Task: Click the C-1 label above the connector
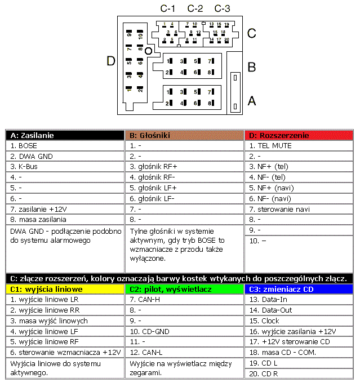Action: tap(168, 8)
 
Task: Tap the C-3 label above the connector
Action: tap(223, 8)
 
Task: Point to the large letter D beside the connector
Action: tap(111, 61)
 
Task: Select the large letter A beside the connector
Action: tap(252, 101)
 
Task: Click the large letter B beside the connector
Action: tap(252, 67)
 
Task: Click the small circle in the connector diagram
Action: tap(148, 51)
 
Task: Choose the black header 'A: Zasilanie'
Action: tap(64, 135)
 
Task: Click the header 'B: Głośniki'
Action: tap(184, 135)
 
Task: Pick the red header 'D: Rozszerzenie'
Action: tap(299, 135)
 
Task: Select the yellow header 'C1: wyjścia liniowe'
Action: tap(64, 289)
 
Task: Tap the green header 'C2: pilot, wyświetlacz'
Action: tap(184, 289)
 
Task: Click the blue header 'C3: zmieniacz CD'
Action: tap(299, 289)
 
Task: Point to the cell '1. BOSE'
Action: tap(64, 145)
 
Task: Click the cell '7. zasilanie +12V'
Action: tap(64, 209)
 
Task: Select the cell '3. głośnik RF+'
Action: tap(184, 166)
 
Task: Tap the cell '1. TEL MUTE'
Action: tap(299, 145)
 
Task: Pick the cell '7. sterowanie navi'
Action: tap(299, 209)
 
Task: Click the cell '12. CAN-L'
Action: tap(184, 352)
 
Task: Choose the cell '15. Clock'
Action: tap(299, 321)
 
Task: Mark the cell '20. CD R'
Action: tap(299, 373)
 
